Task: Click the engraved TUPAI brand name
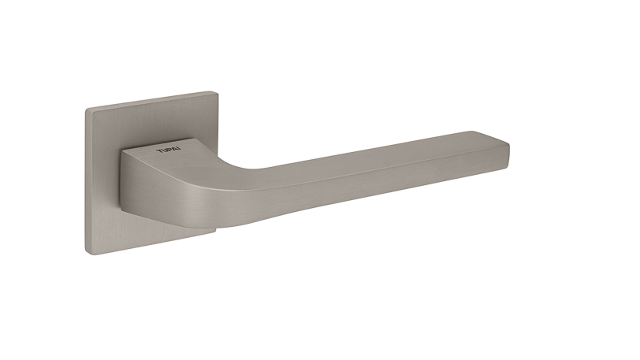tap(169, 150)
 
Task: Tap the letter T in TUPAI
tap(159, 152)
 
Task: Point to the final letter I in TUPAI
tap(180, 150)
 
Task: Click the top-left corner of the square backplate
tap(86, 109)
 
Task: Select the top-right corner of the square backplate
tap(218, 92)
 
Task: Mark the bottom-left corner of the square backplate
tap(86, 254)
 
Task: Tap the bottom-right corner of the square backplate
tap(215, 233)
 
